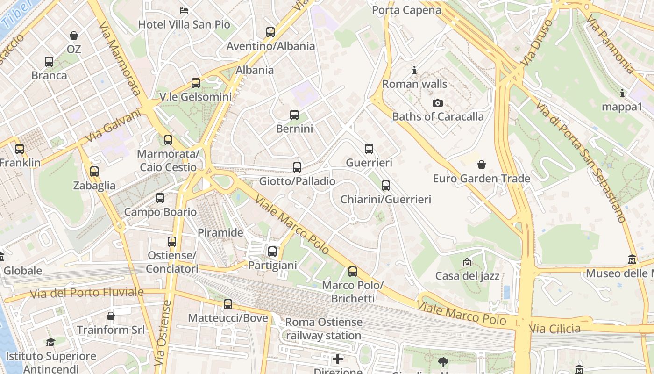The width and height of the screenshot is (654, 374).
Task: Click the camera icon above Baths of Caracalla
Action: click(x=437, y=103)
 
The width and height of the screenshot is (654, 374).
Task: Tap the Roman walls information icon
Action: click(x=414, y=71)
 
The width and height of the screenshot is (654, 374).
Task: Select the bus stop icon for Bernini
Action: click(x=294, y=115)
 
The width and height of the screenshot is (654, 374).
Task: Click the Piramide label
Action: click(x=220, y=233)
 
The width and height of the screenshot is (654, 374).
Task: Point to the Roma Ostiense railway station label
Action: click(x=324, y=329)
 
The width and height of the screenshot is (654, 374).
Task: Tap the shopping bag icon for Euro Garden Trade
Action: click(x=482, y=165)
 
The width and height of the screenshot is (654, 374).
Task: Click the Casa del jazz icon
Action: click(x=467, y=262)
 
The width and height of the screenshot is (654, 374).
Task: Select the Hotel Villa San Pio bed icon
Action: click(x=184, y=10)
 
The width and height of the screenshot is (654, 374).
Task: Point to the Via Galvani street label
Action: click(x=114, y=126)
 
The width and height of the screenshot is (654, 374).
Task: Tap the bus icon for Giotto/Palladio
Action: click(x=297, y=167)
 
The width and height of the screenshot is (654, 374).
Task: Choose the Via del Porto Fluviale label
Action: click(x=87, y=293)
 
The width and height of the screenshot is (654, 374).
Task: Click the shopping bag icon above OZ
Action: click(x=74, y=35)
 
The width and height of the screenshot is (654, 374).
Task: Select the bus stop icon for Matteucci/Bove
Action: click(x=228, y=304)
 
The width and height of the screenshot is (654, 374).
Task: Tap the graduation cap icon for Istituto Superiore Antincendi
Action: click(x=50, y=342)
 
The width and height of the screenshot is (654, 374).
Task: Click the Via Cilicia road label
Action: click(x=555, y=328)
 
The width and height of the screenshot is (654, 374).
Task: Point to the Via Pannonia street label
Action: click(x=611, y=44)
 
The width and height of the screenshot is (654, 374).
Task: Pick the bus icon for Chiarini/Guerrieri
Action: click(x=386, y=186)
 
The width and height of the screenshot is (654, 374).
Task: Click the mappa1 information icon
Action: click(x=622, y=93)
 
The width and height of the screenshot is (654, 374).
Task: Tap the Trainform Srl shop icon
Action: click(x=111, y=316)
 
